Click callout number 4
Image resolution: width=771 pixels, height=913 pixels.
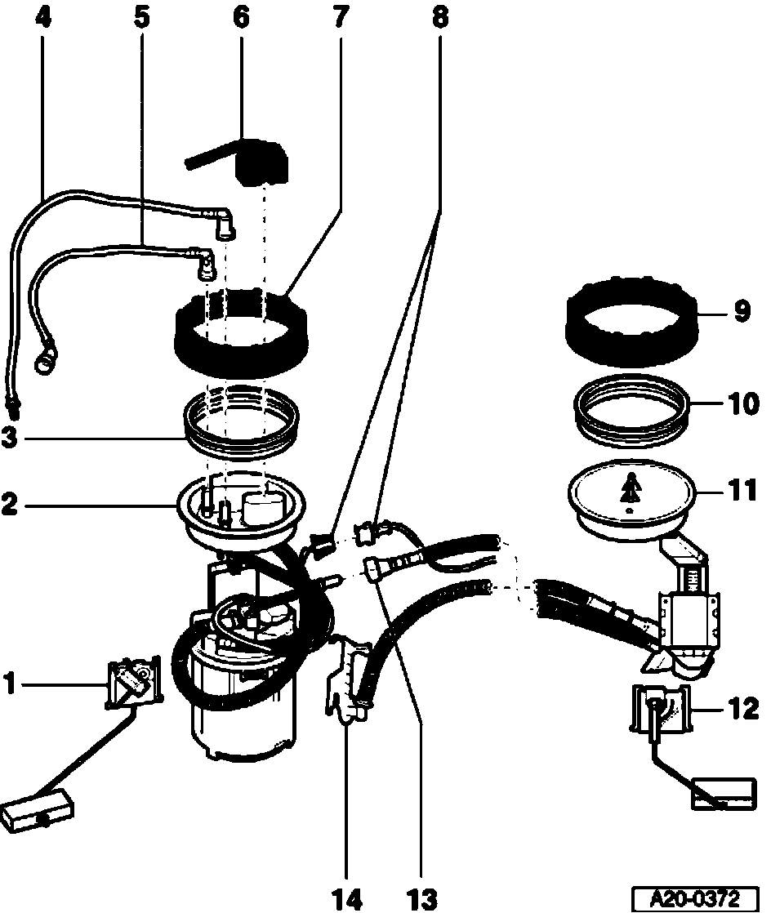[42, 17]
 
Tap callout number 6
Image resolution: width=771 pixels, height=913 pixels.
[243, 17]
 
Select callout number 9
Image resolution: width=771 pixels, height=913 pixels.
[741, 313]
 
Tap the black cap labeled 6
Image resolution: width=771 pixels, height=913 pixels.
[261, 163]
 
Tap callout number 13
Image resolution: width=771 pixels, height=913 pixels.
[422, 898]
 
